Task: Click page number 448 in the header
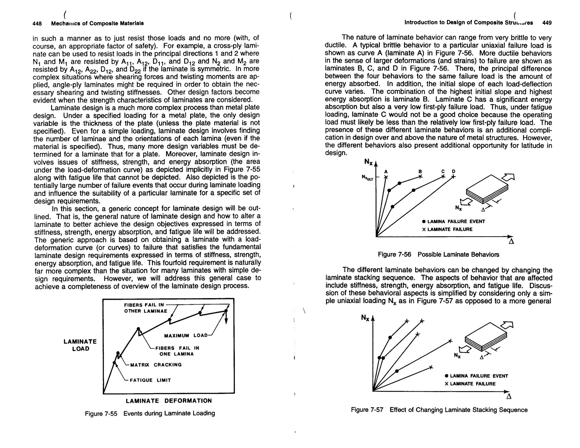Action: click(37, 24)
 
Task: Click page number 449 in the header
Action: click(547, 23)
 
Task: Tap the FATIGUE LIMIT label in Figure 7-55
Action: click(150, 380)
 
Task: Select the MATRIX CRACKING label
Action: click(156, 365)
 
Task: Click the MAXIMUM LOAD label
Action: click(186, 336)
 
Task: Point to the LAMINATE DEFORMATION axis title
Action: click(169, 401)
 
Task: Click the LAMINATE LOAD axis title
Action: click(80, 345)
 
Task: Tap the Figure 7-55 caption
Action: click(150, 413)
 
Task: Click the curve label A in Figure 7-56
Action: click(385, 172)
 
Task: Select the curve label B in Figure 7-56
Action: click(420, 171)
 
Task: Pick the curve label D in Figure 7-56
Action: click(453, 171)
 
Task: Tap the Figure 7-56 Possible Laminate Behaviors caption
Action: click(438, 254)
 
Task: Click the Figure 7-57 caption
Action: click(439, 410)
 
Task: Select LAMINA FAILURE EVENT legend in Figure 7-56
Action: click(453, 221)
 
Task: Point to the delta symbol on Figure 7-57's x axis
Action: click(509, 396)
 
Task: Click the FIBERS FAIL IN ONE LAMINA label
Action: click(177, 351)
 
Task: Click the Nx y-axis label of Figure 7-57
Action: click(365, 318)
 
